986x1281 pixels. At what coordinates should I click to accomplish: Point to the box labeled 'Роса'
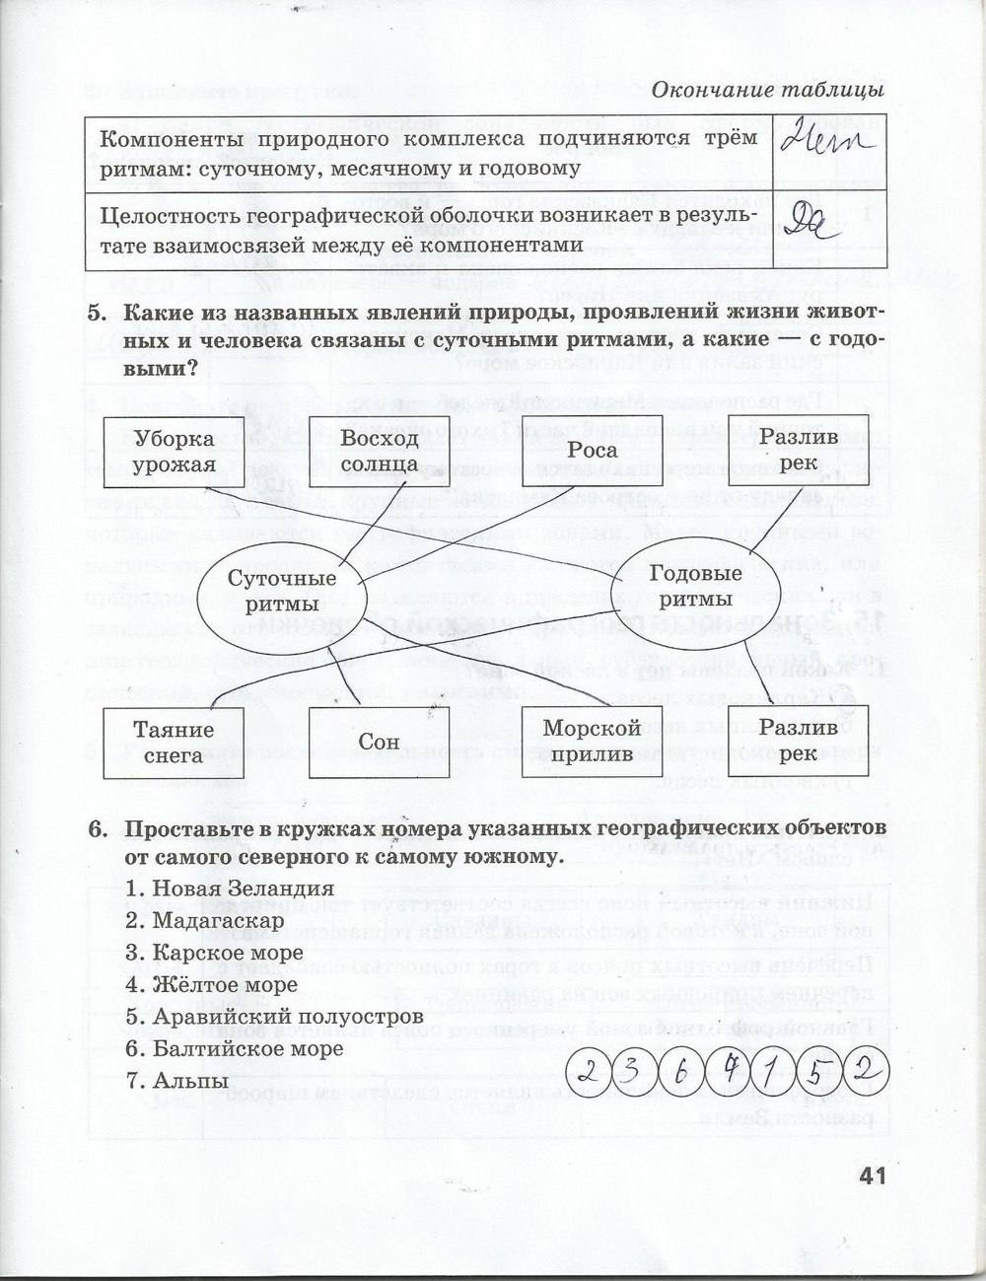593,451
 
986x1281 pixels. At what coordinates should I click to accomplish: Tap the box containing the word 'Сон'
379,742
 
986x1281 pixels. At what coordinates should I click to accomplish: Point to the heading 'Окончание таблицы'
766,90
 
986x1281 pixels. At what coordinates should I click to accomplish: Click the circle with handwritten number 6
681,1070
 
